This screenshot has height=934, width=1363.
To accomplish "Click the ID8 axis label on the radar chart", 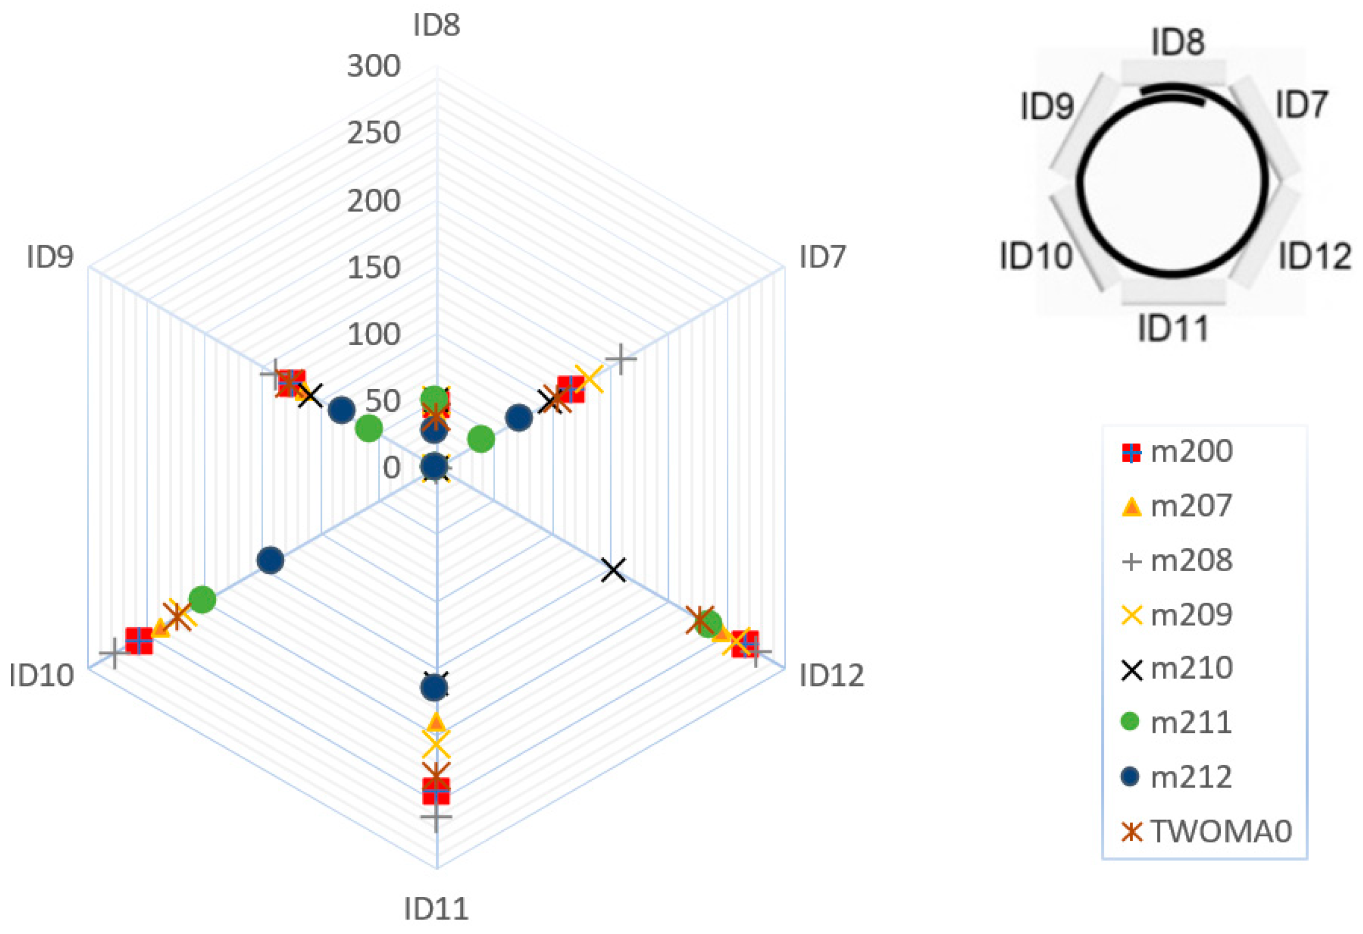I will click(x=436, y=25).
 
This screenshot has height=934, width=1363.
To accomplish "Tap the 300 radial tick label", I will click(x=374, y=65).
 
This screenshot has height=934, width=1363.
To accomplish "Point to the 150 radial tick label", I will click(x=374, y=267).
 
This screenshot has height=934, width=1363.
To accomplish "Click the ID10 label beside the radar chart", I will click(x=42, y=675).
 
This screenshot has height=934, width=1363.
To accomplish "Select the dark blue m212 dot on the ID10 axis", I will click(x=270, y=561).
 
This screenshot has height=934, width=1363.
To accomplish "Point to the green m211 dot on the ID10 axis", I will click(x=202, y=599).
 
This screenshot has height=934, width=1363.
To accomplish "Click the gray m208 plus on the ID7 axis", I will click(x=621, y=359).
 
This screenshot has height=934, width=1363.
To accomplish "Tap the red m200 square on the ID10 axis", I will click(x=139, y=641).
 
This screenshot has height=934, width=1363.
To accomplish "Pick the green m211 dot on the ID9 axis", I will click(x=369, y=428).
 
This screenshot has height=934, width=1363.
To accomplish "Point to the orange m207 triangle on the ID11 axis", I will click(x=436, y=721).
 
